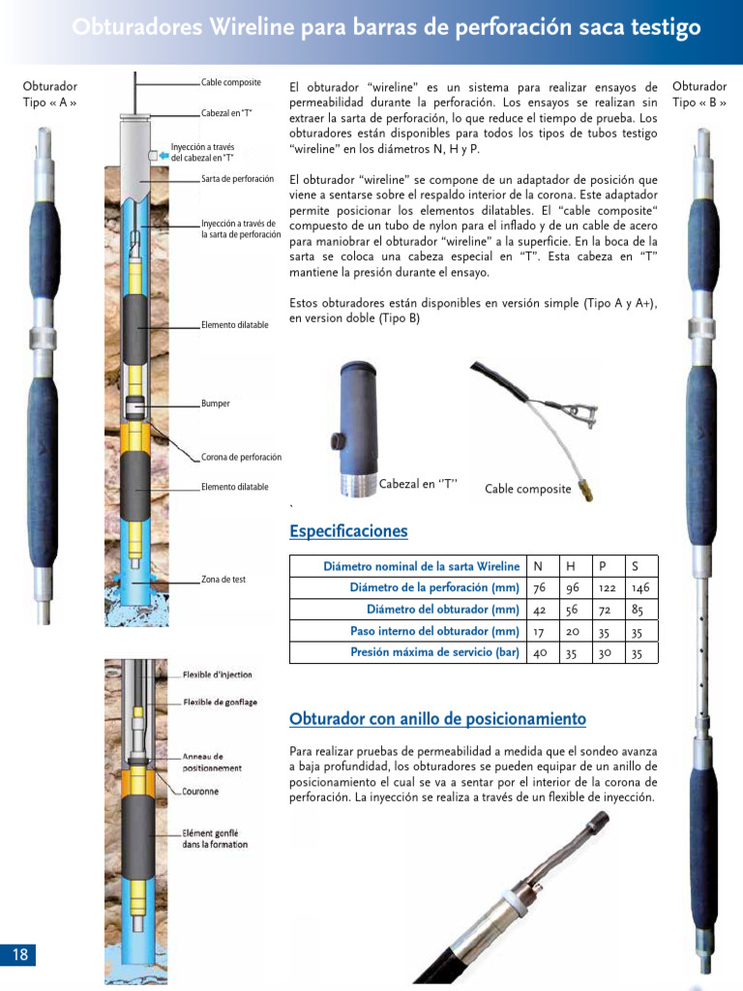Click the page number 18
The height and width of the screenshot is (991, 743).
coord(20,955)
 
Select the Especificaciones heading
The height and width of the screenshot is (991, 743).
coord(348,531)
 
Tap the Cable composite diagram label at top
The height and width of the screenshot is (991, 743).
coord(231,81)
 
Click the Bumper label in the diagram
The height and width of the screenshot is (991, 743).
coord(216,404)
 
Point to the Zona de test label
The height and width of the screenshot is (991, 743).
coord(223,580)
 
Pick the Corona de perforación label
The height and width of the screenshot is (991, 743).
coord(241,457)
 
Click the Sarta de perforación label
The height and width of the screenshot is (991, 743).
coord(237,179)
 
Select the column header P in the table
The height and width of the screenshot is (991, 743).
coord(603,566)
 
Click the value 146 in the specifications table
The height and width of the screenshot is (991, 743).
coord(640,588)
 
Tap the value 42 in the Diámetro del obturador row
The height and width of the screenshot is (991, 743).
coord(539,610)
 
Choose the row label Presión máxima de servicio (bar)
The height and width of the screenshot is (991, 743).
coord(434,652)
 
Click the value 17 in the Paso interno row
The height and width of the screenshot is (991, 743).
coord(538,631)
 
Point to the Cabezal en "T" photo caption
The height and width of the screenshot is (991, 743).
coord(417,484)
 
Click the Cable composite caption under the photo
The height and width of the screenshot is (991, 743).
coord(527,490)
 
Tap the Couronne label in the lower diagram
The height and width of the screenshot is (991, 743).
coord(200,792)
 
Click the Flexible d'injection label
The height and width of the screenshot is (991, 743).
coord(218,675)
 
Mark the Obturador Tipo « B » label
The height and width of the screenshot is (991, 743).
coord(698,94)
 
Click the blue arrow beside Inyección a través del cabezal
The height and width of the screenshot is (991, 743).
coord(163,153)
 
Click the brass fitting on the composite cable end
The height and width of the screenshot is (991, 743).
coord(586,490)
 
